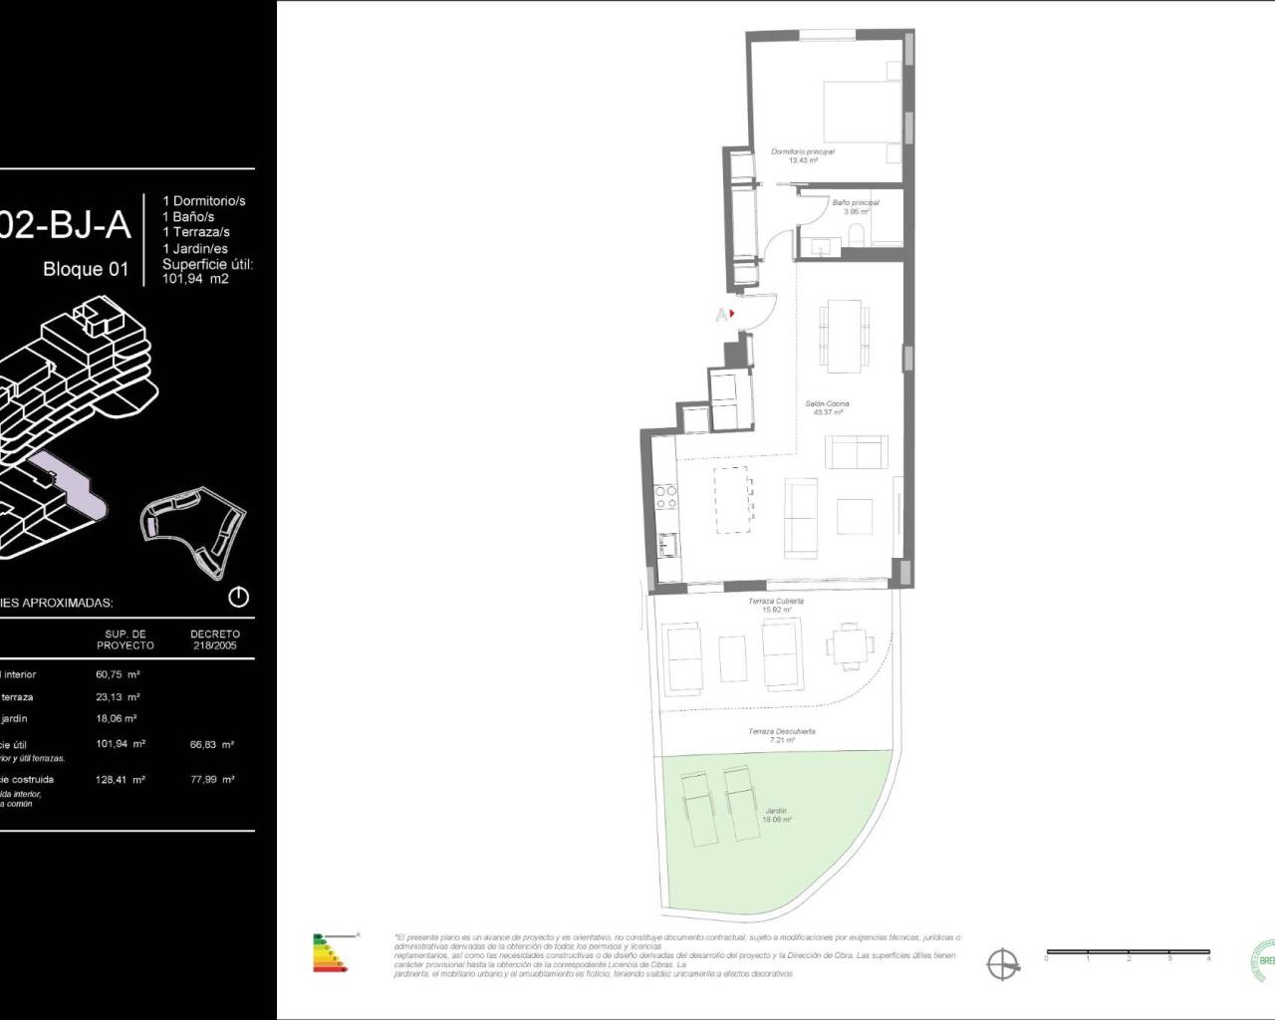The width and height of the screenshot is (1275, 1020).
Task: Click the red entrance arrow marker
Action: (x=732, y=314)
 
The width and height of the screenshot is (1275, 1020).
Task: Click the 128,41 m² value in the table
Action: (x=125, y=780)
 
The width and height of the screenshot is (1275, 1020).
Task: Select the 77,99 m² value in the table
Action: (x=214, y=780)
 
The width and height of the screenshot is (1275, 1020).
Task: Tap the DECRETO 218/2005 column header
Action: (x=215, y=639)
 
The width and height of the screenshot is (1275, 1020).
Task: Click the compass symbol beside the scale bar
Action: (x=1003, y=963)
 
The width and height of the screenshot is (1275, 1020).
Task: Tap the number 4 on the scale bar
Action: (x=1208, y=958)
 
